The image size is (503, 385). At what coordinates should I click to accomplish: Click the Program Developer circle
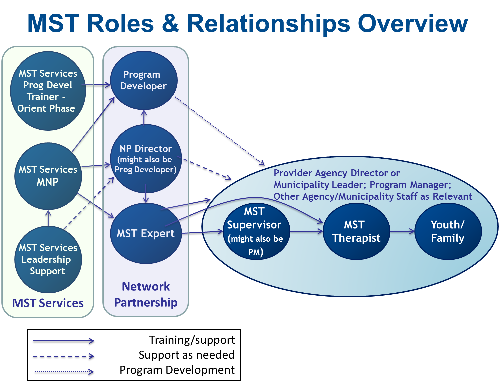click(x=144, y=80)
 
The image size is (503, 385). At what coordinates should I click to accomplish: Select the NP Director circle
click(x=146, y=159)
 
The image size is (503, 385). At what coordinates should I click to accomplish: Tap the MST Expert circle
click(x=146, y=233)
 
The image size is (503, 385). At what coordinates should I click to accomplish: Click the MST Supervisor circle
click(x=255, y=231)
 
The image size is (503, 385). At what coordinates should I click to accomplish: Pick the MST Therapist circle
click(x=356, y=231)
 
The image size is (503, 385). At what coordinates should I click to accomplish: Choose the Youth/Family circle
click(x=448, y=231)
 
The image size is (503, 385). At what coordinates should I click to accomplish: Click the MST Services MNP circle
click(x=48, y=176)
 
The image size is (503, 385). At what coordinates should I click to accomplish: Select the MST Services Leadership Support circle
click(x=48, y=259)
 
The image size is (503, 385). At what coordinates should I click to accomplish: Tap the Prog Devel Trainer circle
click(x=48, y=91)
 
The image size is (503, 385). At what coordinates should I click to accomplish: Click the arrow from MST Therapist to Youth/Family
click(x=402, y=231)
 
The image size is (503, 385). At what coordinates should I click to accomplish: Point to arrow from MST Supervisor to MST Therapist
click(x=306, y=231)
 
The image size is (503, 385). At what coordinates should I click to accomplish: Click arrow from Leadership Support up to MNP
click(x=48, y=218)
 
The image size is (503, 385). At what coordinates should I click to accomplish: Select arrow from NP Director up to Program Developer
click(x=144, y=117)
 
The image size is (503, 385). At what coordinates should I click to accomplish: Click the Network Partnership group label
click(x=146, y=294)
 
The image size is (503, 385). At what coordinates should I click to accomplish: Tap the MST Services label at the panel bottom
click(x=48, y=303)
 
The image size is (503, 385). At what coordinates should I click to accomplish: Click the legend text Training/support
click(x=192, y=340)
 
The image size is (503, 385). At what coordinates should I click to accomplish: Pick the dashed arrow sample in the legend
click(x=63, y=356)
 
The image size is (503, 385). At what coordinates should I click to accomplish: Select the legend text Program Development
click(x=177, y=370)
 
